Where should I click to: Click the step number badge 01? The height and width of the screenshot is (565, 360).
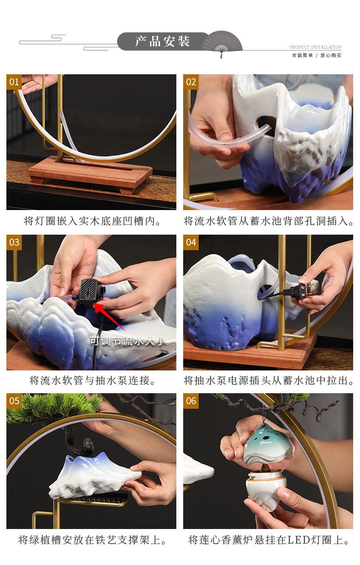coord(14,82)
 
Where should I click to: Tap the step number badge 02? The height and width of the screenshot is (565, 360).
coord(191,82)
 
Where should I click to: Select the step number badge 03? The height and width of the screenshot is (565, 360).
coord(14,242)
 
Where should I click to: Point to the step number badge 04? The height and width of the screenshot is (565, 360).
coord(191,242)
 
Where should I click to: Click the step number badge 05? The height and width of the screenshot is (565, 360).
coord(14,401)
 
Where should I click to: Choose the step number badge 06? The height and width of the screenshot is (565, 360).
coord(191,401)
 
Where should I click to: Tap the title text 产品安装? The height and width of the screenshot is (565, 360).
coord(162,41)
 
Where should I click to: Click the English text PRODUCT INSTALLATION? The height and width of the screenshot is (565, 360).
coord(315,47)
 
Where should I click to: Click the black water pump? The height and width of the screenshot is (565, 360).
coord(88,293)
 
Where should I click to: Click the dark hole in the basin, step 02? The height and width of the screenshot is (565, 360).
coord(265,125)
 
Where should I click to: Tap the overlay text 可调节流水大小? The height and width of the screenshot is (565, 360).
coord(128,341)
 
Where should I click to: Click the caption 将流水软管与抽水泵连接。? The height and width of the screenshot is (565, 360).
coord(93,380)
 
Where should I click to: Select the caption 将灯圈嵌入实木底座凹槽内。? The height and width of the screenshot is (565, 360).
coord(93,221)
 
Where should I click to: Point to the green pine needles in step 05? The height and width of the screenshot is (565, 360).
coord(54,406)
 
